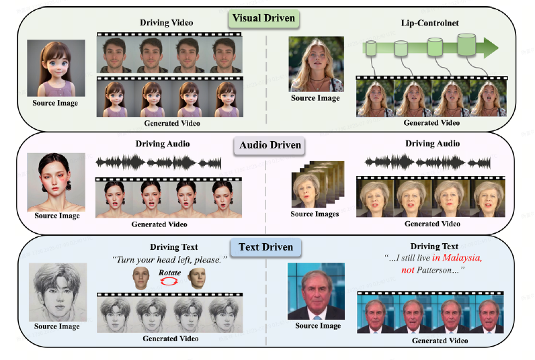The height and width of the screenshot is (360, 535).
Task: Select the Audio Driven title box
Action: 266,144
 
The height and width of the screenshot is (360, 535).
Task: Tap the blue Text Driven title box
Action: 266,247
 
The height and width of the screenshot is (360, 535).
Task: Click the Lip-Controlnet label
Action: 428,23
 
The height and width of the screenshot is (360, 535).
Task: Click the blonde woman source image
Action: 315,63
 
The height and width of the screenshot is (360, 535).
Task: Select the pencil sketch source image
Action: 56,293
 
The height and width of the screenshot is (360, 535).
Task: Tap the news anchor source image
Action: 315,291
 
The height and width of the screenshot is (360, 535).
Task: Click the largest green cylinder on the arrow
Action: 466,46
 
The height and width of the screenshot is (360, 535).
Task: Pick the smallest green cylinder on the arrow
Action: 371,48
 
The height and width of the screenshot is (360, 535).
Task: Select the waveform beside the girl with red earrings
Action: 159,163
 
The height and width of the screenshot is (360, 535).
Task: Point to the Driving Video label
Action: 166,23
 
